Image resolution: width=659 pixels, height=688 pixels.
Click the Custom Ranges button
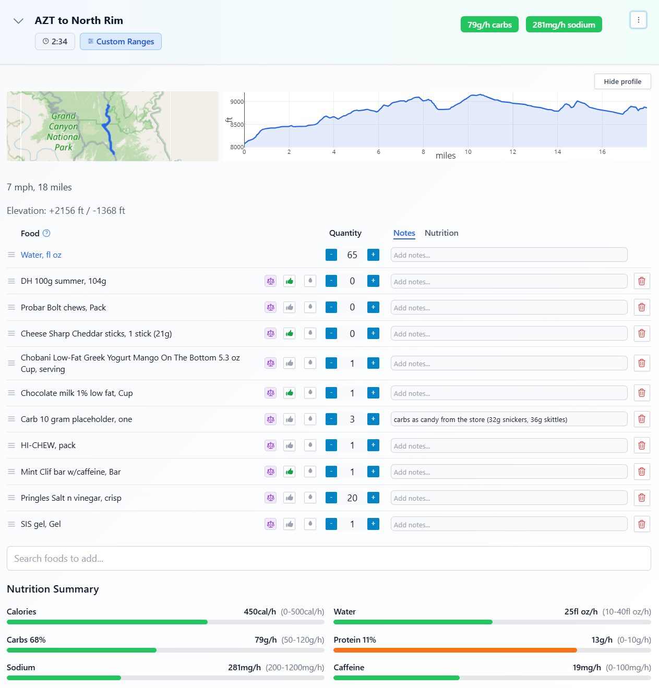pos(121,42)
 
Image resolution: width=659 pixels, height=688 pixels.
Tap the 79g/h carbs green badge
pos(489,25)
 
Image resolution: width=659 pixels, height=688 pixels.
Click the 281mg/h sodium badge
pos(564,25)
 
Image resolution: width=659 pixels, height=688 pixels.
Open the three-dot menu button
pos(638,20)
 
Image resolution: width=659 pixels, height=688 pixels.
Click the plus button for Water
pos(373,255)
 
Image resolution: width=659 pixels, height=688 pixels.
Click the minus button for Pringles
pos(331,498)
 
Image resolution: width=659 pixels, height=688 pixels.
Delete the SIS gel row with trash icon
pos(642,524)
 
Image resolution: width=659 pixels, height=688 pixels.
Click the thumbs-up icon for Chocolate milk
pos(290,393)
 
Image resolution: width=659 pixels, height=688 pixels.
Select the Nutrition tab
pos(441,233)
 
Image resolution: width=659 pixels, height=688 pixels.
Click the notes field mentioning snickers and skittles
pos(509,419)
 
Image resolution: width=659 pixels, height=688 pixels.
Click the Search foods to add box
pos(329,559)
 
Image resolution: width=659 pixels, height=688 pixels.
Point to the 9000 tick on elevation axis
pos(237,102)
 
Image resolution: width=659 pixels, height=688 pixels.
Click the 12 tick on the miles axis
pos(513,152)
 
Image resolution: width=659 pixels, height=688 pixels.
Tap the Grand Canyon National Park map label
pos(64,131)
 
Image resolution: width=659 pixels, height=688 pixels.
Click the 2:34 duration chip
pos(55,42)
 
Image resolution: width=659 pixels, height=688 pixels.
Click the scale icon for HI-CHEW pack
pos(270,445)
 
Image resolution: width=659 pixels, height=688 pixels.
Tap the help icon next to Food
pos(46,233)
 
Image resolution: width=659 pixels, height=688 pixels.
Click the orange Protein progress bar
pos(455,650)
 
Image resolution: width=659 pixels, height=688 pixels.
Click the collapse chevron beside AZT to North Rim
pos(18,21)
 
